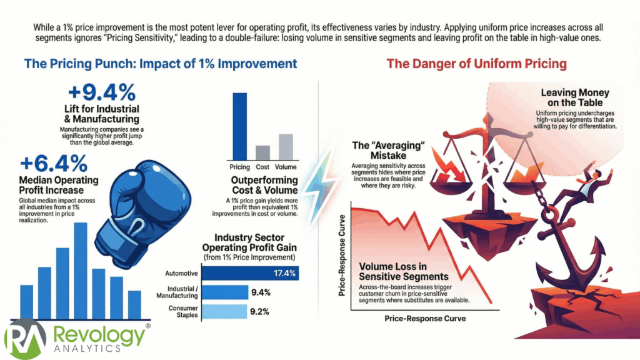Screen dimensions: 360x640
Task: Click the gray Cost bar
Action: click(262, 152)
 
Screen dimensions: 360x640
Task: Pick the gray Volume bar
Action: click(285, 147)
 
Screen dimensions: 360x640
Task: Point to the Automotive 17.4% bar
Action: click(249, 274)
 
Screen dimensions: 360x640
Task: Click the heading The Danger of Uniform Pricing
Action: click(476, 64)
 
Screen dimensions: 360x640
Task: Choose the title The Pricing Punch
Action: click(160, 64)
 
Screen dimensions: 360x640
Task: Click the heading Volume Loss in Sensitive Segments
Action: click(404, 271)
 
